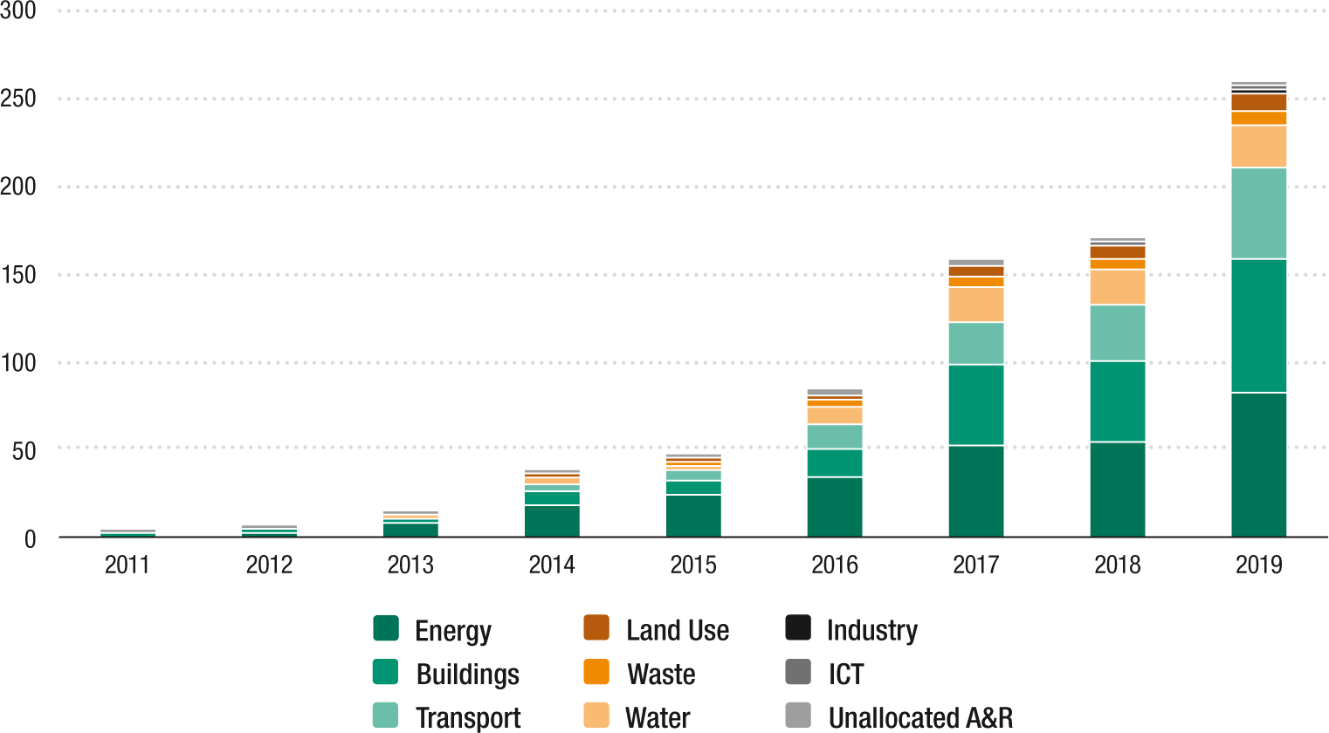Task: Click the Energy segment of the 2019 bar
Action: pyautogui.click(x=1258, y=464)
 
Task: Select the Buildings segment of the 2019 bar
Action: pyautogui.click(x=1258, y=325)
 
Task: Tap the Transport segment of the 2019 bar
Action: pyautogui.click(x=1258, y=213)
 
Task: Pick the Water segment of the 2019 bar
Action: pyautogui.click(x=1258, y=147)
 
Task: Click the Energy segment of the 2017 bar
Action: pyautogui.click(x=975, y=490)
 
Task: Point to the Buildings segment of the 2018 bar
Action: pyautogui.click(x=1117, y=401)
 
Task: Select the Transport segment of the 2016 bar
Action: pyautogui.click(x=834, y=436)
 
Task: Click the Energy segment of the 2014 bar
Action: pyautogui.click(x=551, y=521)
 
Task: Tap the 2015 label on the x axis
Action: pyautogui.click(x=693, y=565)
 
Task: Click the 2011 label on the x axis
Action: pyautogui.click(x=127, y=565)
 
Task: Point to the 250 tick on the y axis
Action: pyautogui.click(x=18, y=99)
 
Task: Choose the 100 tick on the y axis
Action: pyautogui.click(x=18, y=363)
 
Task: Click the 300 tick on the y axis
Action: pyautogui.click(x=18, y=11)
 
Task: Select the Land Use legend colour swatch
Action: pyautogui.click(x=596, y=628)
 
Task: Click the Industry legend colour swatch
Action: pyautogui.click(x=798, y=628)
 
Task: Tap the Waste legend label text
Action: pyautogui.click(x=661, y=674)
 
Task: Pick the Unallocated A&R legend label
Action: pyautogui.click(x=920, y=717)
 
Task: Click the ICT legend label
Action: pyautogui.click(x=845, y=674)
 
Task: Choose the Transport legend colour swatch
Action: pyautogui.click(x=385, y=716)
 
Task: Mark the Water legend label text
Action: pyautogui.click(x=658, y=717)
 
